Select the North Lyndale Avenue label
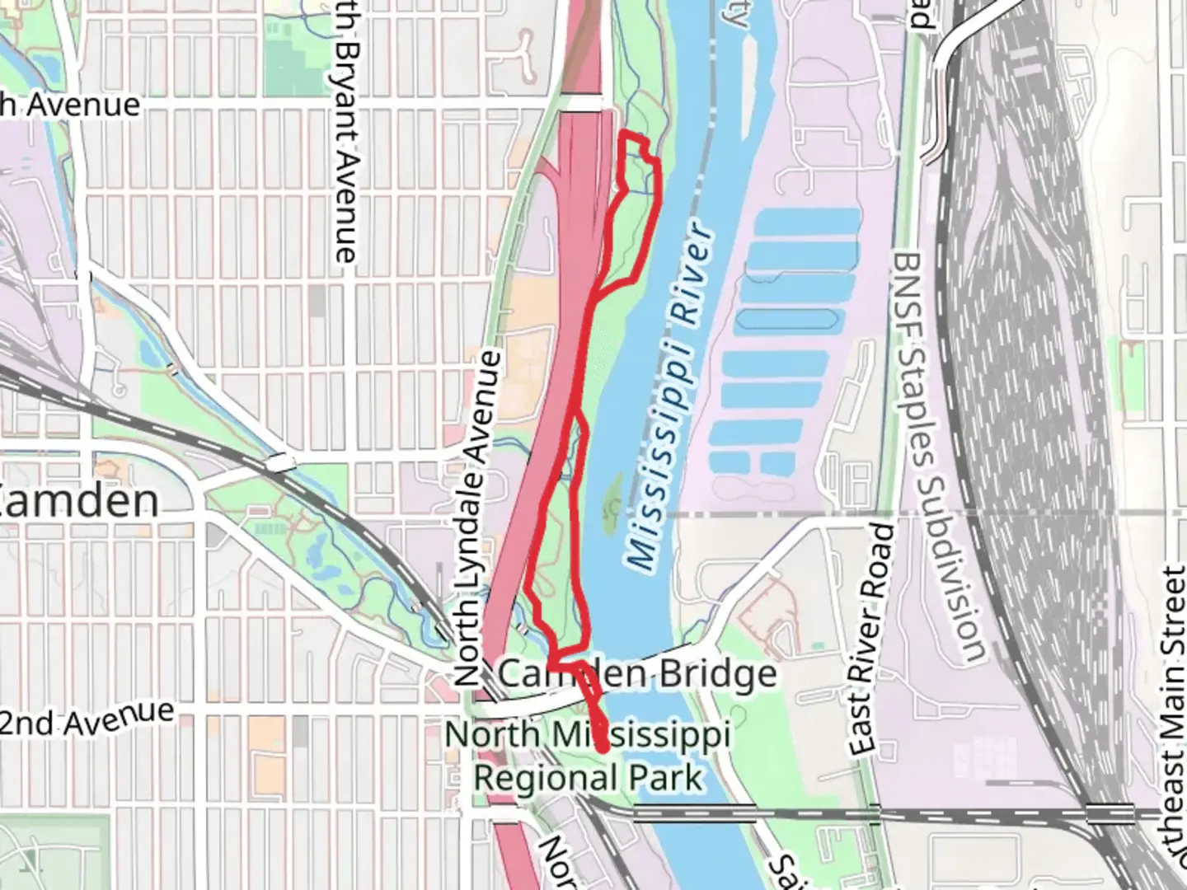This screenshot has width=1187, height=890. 478,519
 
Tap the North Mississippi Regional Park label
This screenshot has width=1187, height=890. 588,756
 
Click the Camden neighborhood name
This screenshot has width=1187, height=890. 79,500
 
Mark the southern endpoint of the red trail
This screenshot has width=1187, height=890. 604,748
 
